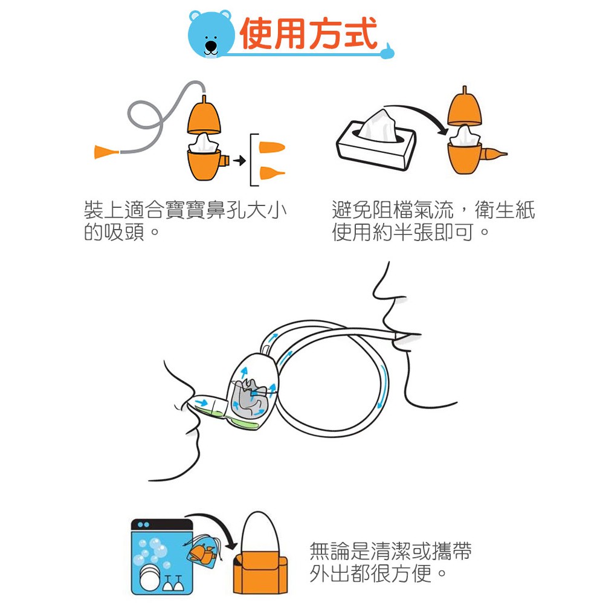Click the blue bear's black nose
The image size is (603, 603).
pyautogui.click(x=211, y=46)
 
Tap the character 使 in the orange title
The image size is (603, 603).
pyautogui.click(x=257, y=34)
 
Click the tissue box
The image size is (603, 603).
pyautogui.click(x=376, y=140)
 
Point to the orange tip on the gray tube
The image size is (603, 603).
pyautogui.click(x=106, y=152)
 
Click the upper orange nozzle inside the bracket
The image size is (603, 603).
pyautogui.click(x=272, y=147)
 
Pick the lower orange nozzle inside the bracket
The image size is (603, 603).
pyautogui.click(x=272, y=173)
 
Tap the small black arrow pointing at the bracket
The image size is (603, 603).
pyautogui.click(x=240, y=160)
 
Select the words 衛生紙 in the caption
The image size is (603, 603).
pyautogui.click(x=505, y=210)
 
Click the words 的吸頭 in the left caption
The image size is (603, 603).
pyautogui.click(x=114, y=232)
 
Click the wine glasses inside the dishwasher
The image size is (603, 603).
pyautogui.click(x=173, y=583)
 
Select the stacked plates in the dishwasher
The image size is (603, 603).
pyautogui.click(x=150, y=577)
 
